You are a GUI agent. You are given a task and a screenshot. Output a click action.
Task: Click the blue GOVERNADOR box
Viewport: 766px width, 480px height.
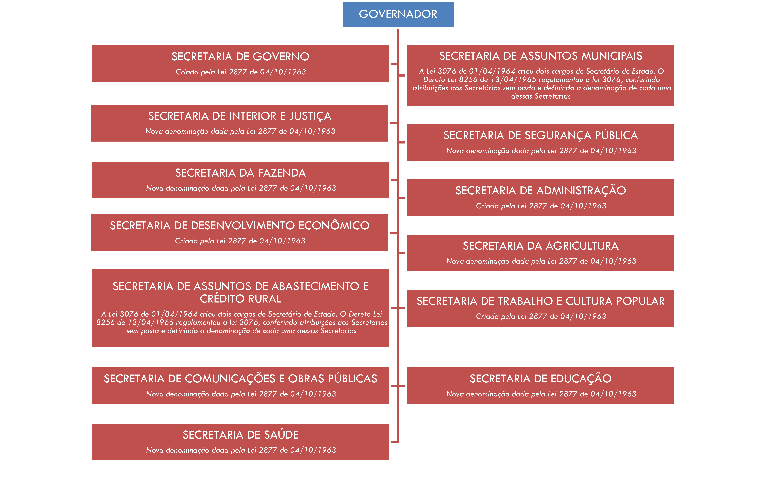click(398, 14)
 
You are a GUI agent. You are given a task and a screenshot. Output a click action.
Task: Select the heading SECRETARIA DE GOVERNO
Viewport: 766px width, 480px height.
click(240, 57)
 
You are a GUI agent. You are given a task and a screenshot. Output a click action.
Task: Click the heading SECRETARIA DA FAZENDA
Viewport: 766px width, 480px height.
click(240, 173)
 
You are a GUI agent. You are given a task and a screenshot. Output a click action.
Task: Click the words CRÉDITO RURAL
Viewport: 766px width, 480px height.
click(240, 299)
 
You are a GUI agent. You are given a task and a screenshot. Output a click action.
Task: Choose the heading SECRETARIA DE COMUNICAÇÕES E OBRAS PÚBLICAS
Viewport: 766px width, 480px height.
click(240, 379)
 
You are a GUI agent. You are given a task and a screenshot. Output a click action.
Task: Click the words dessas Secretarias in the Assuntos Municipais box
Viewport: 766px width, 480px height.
click(541, 96)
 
